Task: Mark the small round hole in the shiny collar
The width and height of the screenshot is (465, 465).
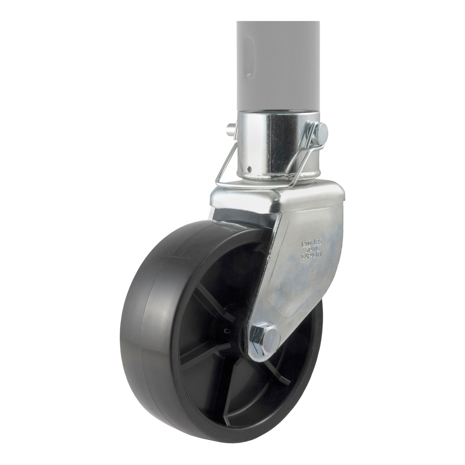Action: coord(249,168)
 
